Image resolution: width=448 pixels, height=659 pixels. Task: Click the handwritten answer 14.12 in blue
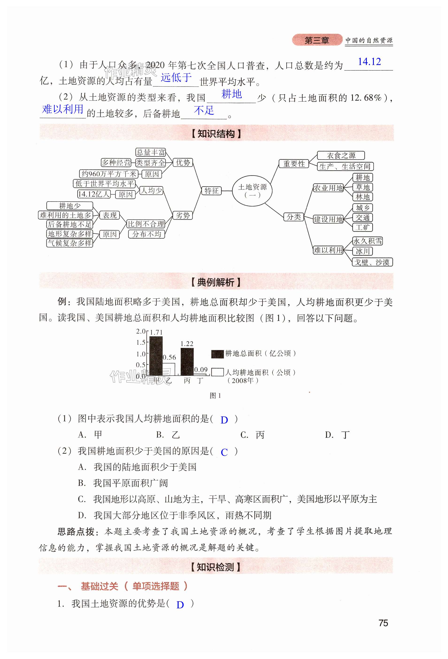(369, 61)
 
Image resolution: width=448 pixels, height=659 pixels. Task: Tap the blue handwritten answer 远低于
(176, 77)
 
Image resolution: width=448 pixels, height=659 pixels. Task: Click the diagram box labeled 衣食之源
(341, 155)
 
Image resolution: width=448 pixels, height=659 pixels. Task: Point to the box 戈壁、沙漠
(372, 262)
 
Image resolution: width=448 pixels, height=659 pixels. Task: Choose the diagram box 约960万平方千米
(109, 174)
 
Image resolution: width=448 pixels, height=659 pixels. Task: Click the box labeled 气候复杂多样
(70, 243)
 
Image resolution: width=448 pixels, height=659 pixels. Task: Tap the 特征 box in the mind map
(211, 190)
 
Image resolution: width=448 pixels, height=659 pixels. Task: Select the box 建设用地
(328, 219)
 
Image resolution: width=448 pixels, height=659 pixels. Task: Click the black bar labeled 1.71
(156, 356)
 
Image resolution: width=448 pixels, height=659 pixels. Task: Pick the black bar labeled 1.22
(187, 362)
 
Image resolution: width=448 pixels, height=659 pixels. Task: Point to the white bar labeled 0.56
(168, 369)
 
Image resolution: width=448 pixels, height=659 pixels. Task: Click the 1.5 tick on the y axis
(141, 343)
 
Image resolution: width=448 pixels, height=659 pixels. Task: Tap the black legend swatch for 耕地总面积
(217, 354)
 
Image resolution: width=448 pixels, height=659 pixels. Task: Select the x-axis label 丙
(187, 381)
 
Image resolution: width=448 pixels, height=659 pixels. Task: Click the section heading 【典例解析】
(216, 282)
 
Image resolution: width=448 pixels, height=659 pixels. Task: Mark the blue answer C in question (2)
(224, 452)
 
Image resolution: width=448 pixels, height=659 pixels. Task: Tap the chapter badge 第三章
(317, 40)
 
